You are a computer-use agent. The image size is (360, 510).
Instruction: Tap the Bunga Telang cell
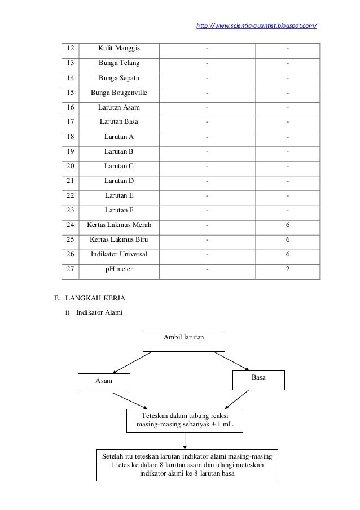[x=119, y=63]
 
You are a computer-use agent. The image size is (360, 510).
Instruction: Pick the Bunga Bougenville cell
[x=119, y=92]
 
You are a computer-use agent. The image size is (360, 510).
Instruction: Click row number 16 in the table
[x=71, y=107]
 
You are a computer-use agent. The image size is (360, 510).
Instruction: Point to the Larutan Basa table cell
[x=119, y=121]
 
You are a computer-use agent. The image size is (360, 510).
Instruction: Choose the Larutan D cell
[x=119, y=180]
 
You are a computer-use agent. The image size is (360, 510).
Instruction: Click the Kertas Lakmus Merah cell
[x=119, y=225]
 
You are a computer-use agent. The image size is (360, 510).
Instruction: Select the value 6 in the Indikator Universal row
[x=288, y=254]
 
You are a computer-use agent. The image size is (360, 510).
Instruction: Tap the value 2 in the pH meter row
[x=288, y=269]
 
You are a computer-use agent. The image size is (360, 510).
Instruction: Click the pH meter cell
[x=119, y=269]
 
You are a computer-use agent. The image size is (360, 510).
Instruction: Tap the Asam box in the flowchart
[x=103, y=382]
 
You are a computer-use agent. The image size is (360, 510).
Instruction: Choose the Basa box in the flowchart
[x=258, y=380]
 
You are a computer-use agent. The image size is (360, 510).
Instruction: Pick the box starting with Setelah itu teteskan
[x=187, y=464]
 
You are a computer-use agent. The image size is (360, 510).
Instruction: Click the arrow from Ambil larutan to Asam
[x=133, y=362]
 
